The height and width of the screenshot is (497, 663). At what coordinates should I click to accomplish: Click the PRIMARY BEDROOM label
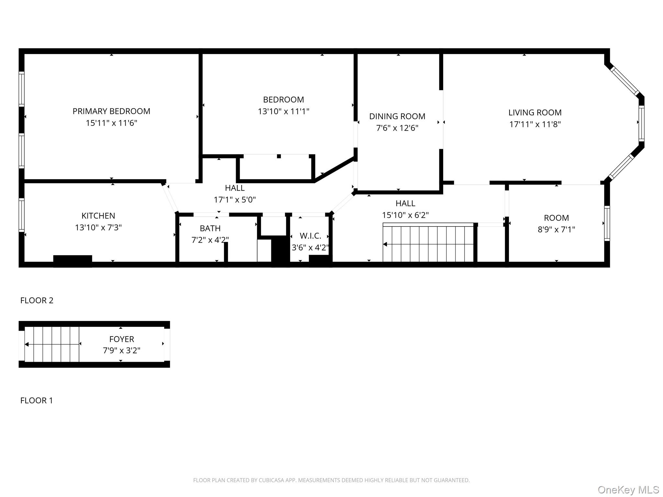(x=111, y=111)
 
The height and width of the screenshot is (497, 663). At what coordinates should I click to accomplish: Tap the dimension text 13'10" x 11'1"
(x=283, y=112)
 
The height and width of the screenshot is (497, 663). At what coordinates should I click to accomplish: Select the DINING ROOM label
(x=397, y=116)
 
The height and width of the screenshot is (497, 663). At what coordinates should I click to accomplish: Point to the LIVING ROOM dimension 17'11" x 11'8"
(x=535, y=125)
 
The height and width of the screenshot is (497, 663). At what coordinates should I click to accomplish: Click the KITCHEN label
(x=98, y=216)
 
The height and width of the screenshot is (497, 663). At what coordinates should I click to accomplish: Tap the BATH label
(x=210, y=228)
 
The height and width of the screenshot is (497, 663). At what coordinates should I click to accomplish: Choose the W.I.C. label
(x=310, y=236)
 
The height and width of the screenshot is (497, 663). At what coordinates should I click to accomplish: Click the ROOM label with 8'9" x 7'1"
(x=556, y=218)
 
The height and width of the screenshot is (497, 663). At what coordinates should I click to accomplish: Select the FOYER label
(x=121, y=339)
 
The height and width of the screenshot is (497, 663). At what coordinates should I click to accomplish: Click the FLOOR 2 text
(x=37, y=301)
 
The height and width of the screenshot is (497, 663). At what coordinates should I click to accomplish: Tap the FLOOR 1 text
(x=36, y=401)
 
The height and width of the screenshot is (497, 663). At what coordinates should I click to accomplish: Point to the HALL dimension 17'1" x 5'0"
(x=235, y=200)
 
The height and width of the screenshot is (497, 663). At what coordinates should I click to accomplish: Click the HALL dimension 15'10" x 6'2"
(x=405, y=215)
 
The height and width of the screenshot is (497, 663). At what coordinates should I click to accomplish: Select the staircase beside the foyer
(x=52, y=344)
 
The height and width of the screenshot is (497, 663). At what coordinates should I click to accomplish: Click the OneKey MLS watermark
(x=628, y=490)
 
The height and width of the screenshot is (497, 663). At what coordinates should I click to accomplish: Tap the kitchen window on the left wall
(x=22, y=215)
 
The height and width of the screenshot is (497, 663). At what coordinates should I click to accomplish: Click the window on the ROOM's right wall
(x=607, y=223)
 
